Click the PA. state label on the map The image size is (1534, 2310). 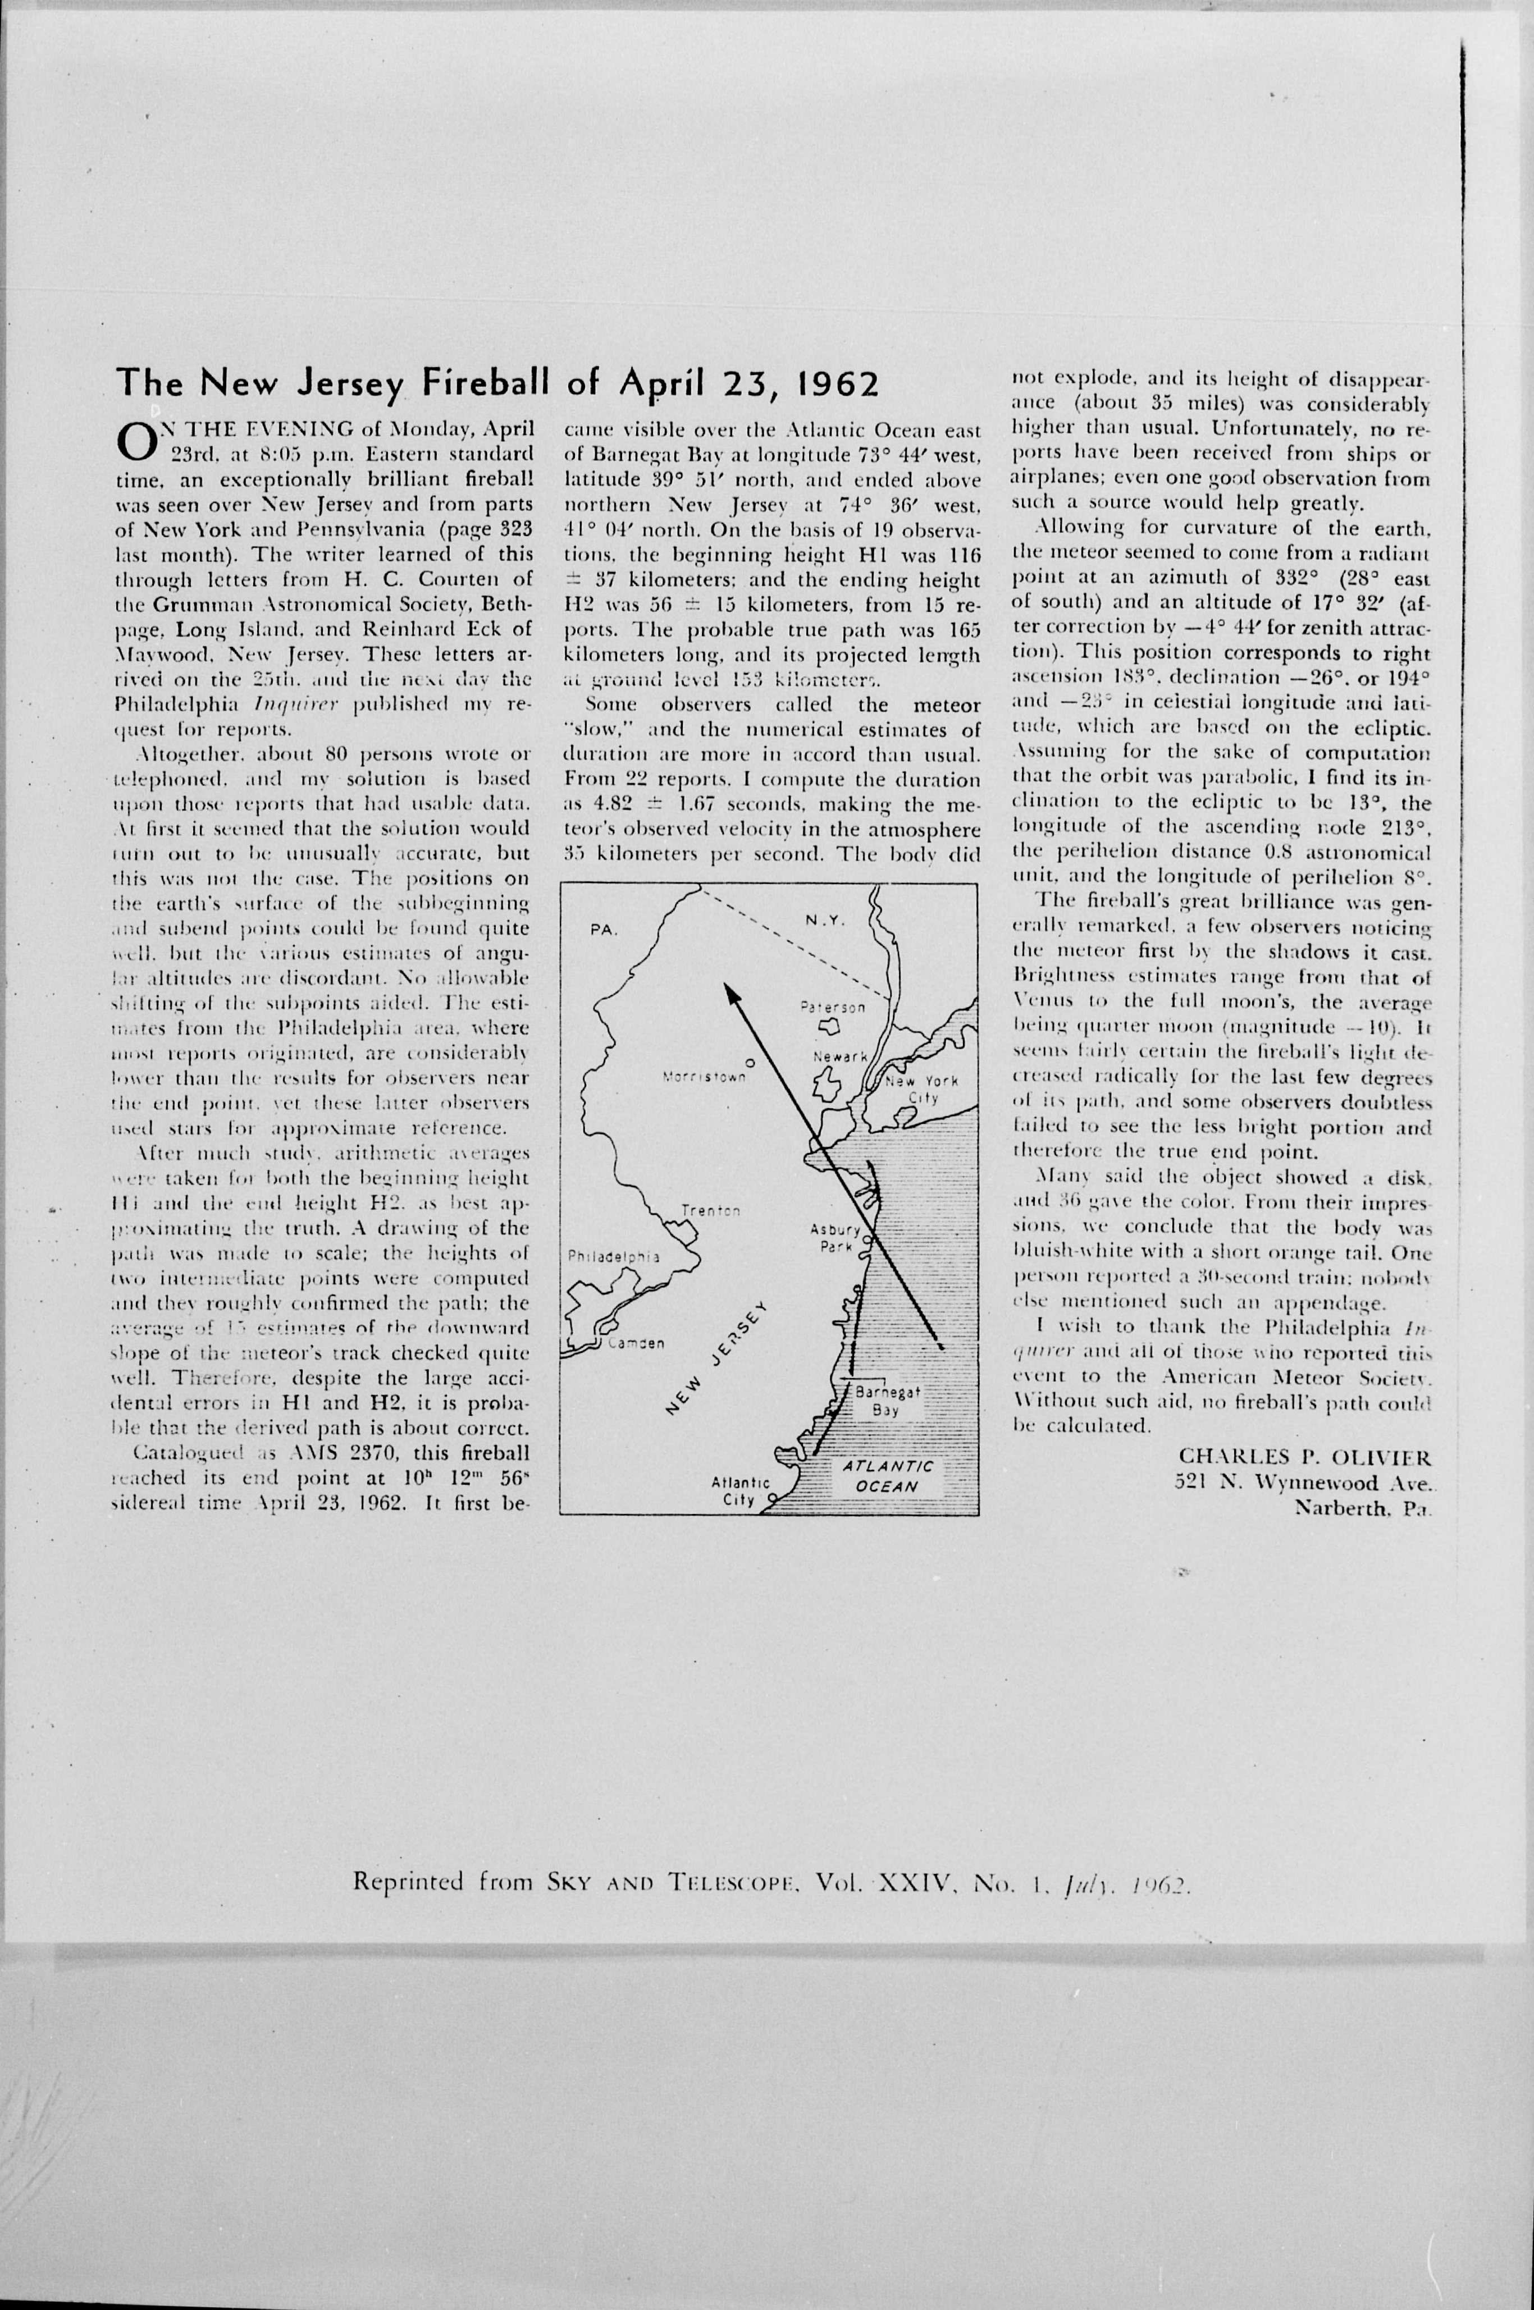click(605, 930)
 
